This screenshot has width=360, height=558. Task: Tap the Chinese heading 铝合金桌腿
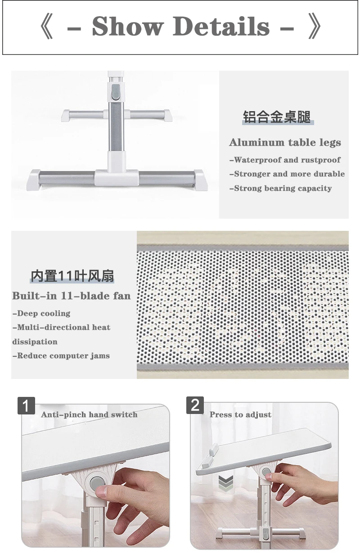tap(277, 117)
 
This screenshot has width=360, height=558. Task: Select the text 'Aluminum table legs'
tap(285, 143)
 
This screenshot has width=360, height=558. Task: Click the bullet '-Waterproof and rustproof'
tap(285, 160)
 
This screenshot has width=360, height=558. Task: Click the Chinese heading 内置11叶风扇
tap(72, 275)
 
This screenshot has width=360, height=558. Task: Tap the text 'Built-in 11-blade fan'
tap(72, 296)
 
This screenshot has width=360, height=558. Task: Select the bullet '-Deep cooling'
tap(41, 313)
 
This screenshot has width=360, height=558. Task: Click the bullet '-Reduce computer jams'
tap(61, 355)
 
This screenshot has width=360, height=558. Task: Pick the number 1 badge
tap(27, 405)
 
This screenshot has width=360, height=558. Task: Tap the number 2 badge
tap(195, 405)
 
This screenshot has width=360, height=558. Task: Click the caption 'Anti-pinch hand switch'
tap(89, 414)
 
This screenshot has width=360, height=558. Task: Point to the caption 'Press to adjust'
tap(240, 414)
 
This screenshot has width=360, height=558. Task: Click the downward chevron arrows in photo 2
tap(226, 484)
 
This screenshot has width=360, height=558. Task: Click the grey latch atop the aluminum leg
tap(115, 91)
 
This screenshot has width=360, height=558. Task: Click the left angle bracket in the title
tap(46, 27)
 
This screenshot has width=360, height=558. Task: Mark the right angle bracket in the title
tap(315, 27)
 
